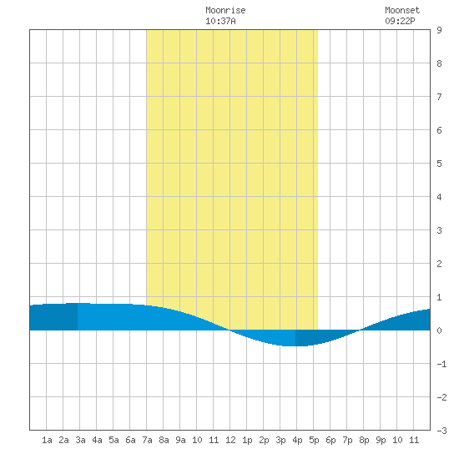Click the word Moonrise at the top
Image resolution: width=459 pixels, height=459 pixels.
point(225,10)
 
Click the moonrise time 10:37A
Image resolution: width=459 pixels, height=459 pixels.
point(220,21)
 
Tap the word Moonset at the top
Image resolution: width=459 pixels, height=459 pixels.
point(402,10)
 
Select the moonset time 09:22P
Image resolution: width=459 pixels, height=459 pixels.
point(400,21)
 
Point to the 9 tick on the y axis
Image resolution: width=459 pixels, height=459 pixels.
point(439,30)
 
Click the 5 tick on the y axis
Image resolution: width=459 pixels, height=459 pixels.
point(439,164)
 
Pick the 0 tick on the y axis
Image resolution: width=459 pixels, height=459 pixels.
point(439,330)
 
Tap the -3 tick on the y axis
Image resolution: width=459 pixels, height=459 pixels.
point(441,431)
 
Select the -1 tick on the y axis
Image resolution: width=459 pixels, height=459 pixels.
point(441,364)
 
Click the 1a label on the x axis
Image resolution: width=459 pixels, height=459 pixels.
point(47,440)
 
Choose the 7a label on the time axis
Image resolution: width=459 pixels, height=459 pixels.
point(147,440)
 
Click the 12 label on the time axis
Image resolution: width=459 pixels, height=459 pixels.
point(230,440)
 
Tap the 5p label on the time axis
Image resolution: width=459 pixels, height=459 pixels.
point(314,440)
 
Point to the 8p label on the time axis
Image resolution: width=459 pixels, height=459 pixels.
point(364,440)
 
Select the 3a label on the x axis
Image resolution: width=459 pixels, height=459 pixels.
point(80,440)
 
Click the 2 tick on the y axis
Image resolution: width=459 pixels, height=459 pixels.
point(439,264)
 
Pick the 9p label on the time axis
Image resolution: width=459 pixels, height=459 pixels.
point(381,440)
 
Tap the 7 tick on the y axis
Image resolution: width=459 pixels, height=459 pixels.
point(439,97)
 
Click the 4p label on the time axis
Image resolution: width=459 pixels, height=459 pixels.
point(297,440)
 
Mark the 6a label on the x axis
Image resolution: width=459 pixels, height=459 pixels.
point(130,440)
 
